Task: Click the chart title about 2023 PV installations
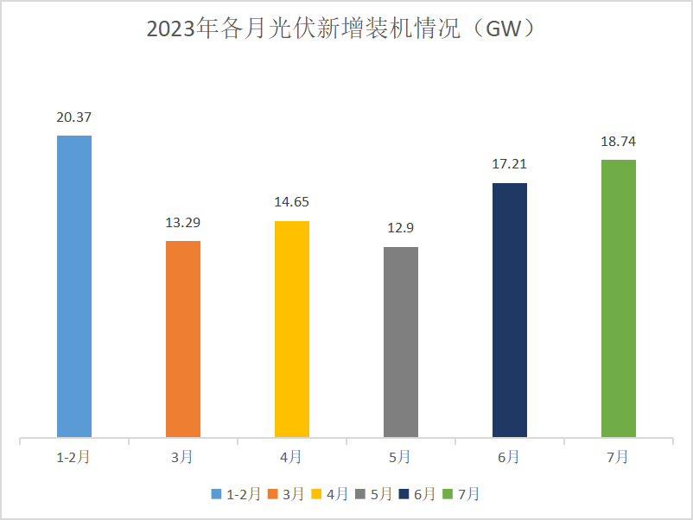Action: pos(346,29)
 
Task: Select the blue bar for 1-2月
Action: pos(74,286)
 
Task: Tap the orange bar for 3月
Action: pos(183,339)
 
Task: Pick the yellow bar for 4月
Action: pos(292,329)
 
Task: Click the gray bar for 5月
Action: pos(401,342)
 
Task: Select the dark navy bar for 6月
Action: pos(510,310)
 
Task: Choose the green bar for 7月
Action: pos(619,298)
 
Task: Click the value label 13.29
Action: pos(183,223)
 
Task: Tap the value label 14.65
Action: pos(292,203)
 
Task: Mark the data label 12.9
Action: pos(401,229)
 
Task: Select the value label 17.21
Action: pos(510,164)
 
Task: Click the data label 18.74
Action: pos(619,142)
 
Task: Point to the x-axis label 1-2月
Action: pos(74,457)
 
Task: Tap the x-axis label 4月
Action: pos(292,457)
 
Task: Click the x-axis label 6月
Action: pos(510,457)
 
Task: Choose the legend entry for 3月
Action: pos(286,494)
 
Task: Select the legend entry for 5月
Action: pos(376,494)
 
